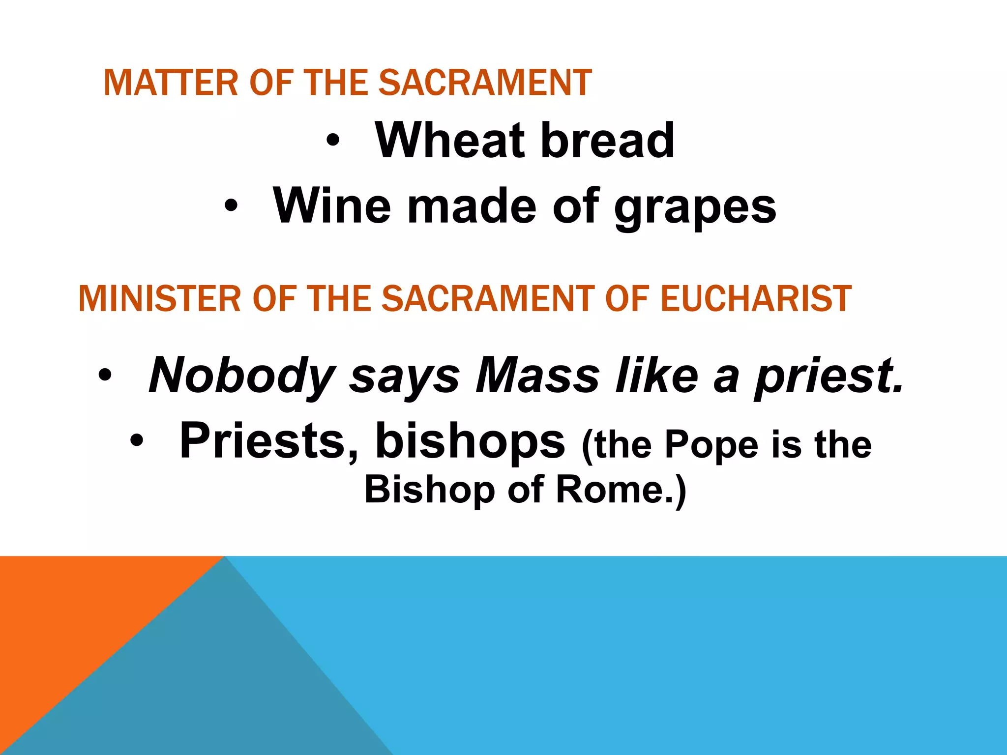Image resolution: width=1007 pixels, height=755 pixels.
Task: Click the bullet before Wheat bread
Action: [332, 142]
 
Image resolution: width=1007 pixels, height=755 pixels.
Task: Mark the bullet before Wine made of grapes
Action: [230, 206]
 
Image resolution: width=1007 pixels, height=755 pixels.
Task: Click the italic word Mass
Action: [538, 376]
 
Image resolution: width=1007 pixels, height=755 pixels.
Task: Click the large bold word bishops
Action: [470, 441]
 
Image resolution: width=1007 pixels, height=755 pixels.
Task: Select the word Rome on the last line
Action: [609, 490]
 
